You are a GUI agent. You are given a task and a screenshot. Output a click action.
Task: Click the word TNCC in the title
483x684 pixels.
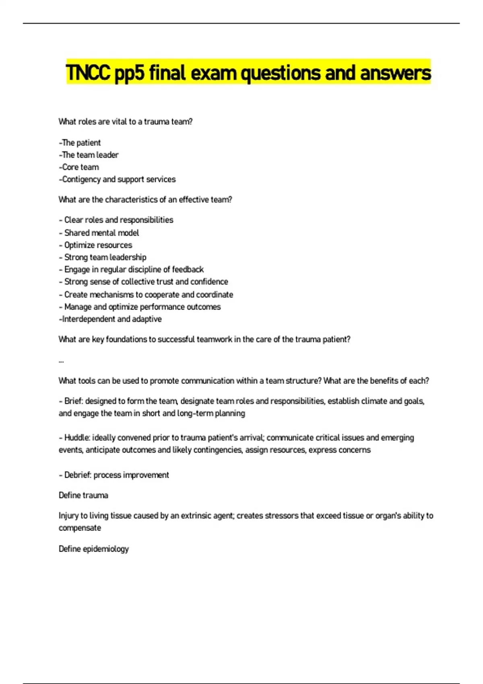pyautogui.click(x=88, y=73)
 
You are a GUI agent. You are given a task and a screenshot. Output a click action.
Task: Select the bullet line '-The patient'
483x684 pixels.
pyautogui.click(x=80, y=143)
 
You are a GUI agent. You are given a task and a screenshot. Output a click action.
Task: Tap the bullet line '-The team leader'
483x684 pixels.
pyautogui.click(x=89, y=155)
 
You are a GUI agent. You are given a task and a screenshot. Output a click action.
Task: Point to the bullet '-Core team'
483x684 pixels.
pyautogui.click(x=79, y=167)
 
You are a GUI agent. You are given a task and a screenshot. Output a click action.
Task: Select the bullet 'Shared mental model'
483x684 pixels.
pyautogui.click(x=101, y=233)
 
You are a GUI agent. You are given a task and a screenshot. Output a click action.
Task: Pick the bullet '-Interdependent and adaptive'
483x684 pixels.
pyautogui.click(x=110, y=319)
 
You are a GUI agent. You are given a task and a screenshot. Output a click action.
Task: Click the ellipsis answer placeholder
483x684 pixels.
pyautogui.click(x=61, y=361)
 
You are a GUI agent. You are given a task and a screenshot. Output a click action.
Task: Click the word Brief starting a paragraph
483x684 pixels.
pyautogui.click(x=73, y=401)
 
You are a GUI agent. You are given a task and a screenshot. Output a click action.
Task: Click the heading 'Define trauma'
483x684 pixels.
pyautogui.click(x=83, y=495)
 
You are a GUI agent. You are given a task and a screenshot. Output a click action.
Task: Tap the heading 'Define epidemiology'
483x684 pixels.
pyautogui.click(x=94, y=549)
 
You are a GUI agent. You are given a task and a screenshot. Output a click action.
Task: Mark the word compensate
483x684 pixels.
pyautogui.click(x=80, y=528)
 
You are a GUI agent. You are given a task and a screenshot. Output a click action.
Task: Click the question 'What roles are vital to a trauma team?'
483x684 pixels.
pyautogui.click(x=126, y=122)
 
